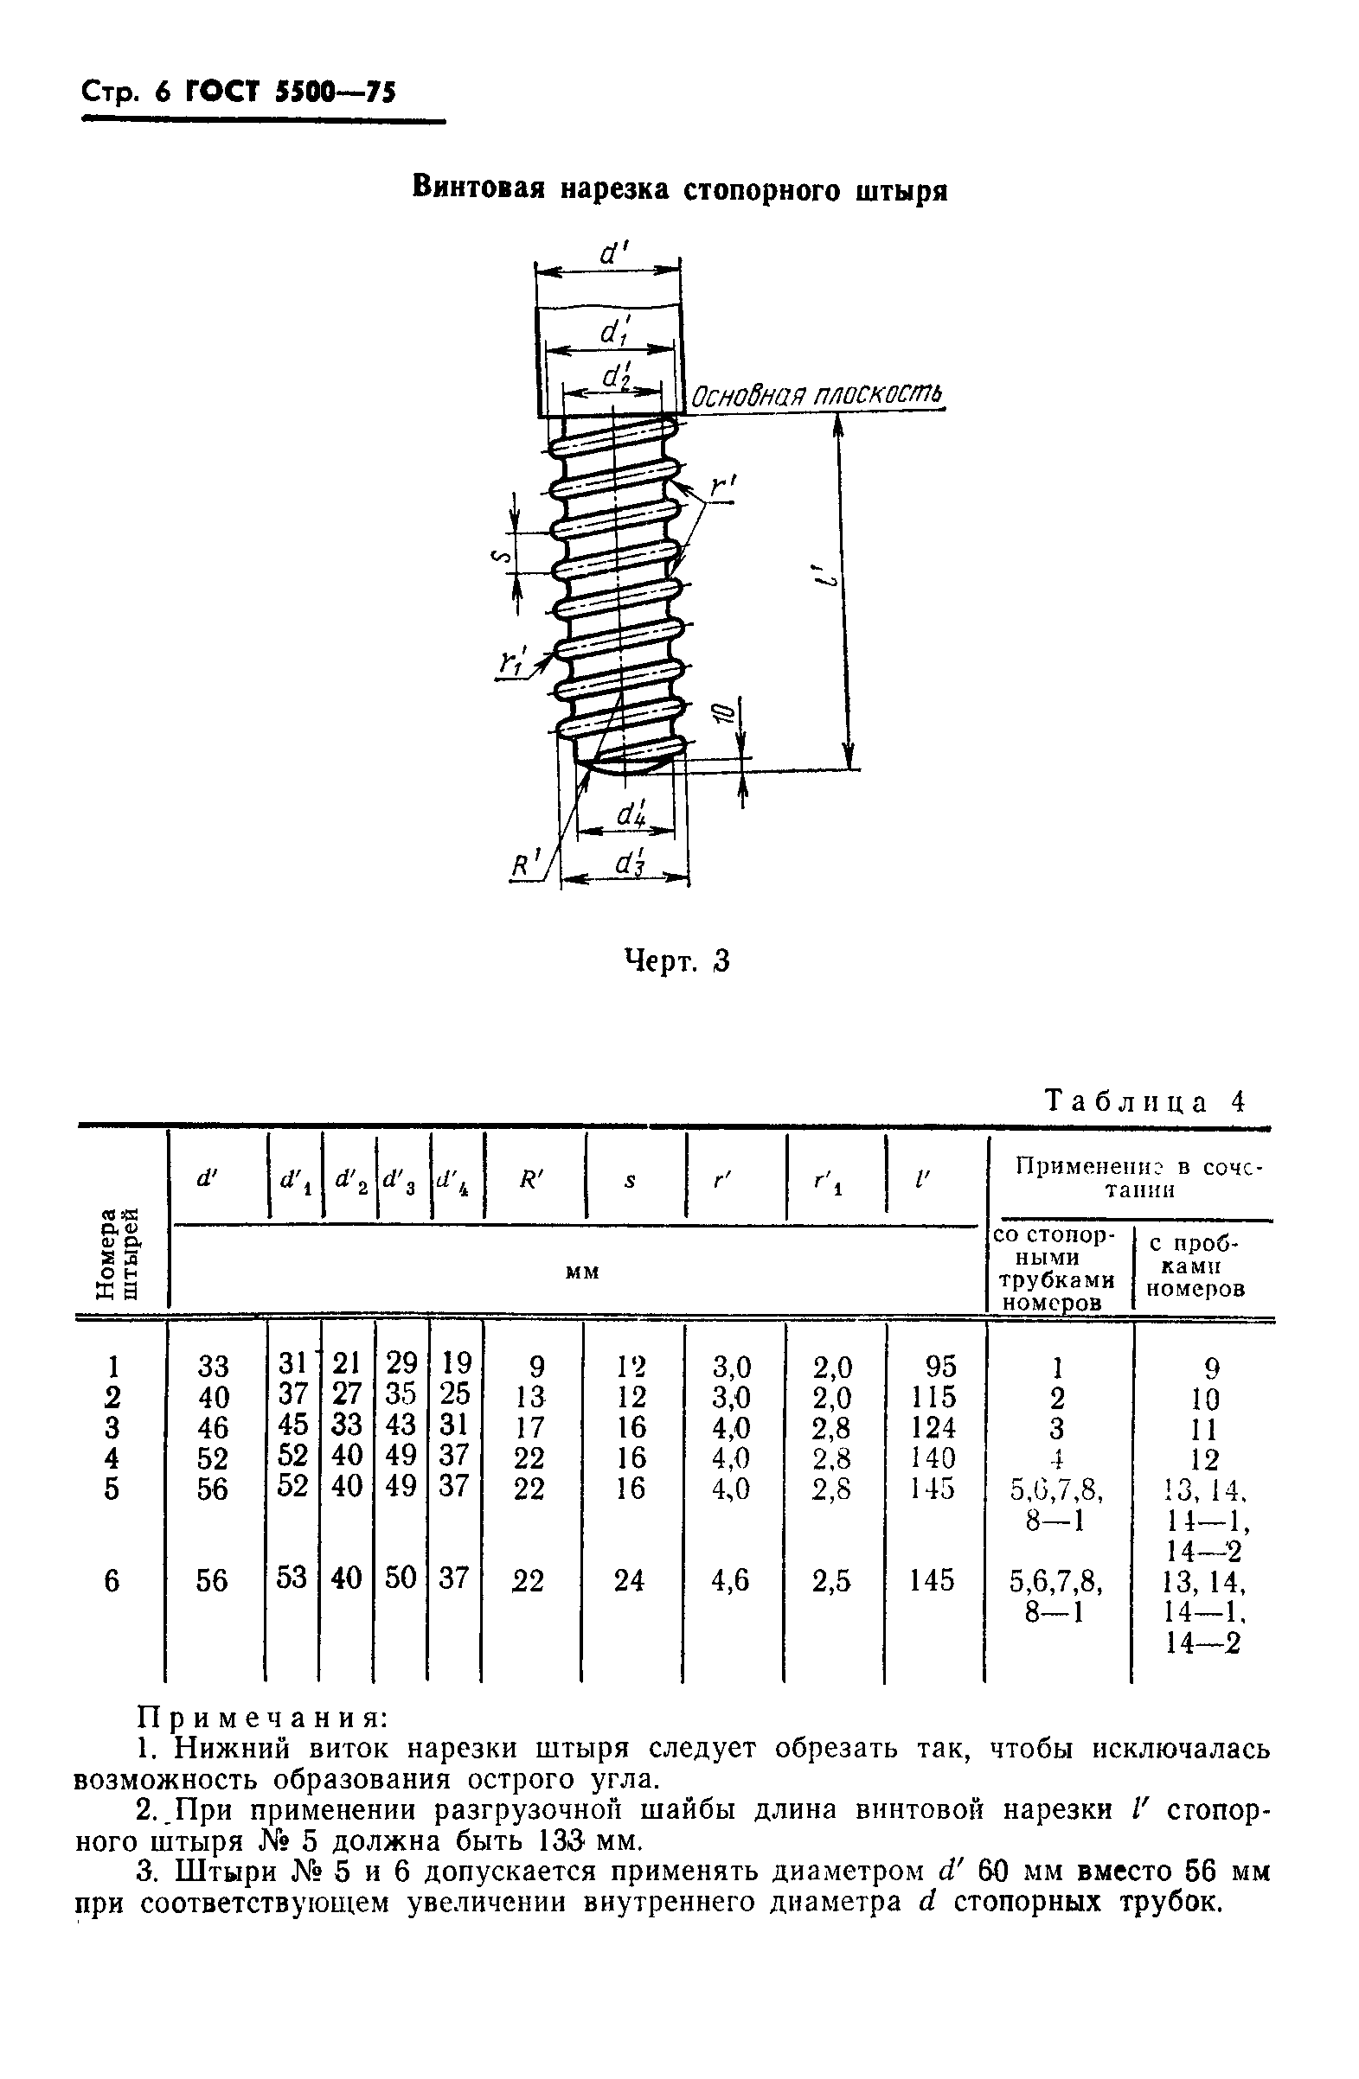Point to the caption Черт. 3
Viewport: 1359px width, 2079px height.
[676, 962]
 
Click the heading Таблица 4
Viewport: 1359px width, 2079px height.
[1144, 1101]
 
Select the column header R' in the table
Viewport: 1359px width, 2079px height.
[531, 1181]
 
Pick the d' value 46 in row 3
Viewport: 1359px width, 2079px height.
[214, 1427]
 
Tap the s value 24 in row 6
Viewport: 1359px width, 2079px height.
[628, 1580]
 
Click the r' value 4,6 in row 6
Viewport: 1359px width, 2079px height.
[731, 1580]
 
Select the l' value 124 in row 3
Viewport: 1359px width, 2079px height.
[933, 1427]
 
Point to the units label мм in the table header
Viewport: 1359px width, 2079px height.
[582, 1272]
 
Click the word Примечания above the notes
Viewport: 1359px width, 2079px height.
[263, 1718]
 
